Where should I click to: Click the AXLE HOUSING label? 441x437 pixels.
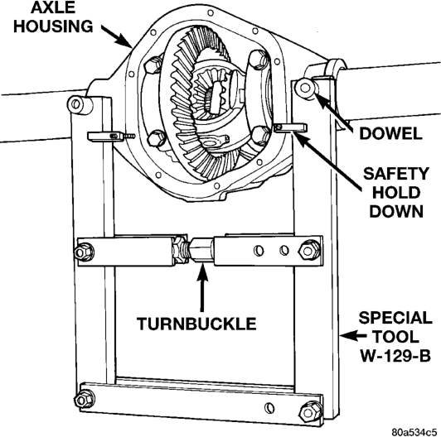[x=53, y=17]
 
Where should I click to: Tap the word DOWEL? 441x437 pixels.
[x=390, y=133]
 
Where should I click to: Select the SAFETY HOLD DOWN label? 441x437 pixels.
[x=396, y=193]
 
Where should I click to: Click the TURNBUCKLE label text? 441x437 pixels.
[x=196, y=324]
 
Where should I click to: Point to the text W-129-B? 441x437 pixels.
[x=395, y=356]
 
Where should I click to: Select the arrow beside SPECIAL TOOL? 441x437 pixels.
[x=353, y=335]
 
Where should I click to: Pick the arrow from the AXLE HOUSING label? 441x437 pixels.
[x=117, y=36]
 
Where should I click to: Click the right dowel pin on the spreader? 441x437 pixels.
[x=305, y=89]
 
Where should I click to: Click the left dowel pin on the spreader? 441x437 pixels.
[x=77, y=105]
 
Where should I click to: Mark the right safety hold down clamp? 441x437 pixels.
[x=290, y=127]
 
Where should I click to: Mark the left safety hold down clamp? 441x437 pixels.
[x=105, y=136]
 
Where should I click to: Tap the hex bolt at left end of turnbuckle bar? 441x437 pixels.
[x=84, y=252]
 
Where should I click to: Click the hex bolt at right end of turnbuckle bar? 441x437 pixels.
[x=309, y=250]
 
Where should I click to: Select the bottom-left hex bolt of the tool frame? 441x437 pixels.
[x=84, y=399]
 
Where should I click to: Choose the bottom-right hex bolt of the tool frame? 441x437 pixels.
[x=310, y=412]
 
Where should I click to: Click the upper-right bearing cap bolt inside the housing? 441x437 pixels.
[x=258, y=60]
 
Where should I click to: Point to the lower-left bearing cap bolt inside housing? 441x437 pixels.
[x=156, y=138]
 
